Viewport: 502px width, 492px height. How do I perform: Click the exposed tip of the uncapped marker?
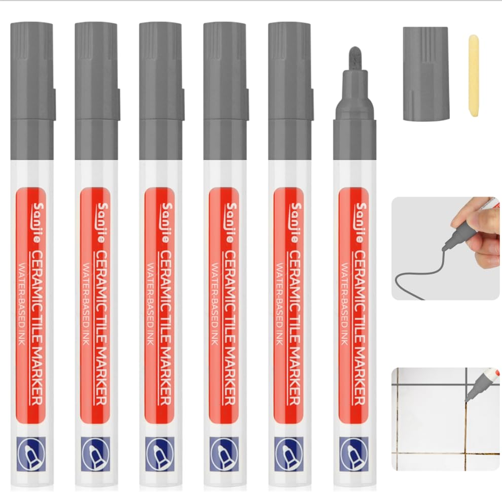pyautogui.click(x=355, y=55)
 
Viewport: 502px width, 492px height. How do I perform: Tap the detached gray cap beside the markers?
pyautogui.click(x=426, y=74)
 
